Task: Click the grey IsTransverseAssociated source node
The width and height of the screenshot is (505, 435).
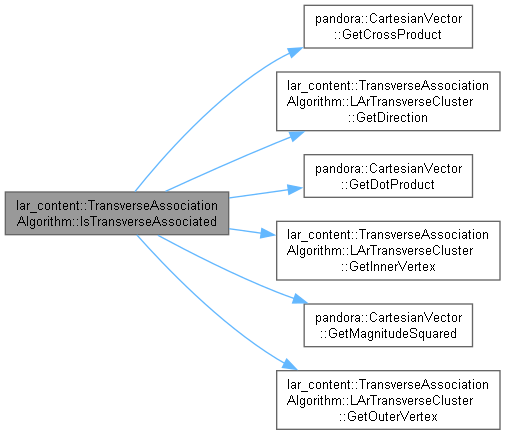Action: [x=117, y=213]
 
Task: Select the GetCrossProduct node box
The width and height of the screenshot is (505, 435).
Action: [x=388, y=27]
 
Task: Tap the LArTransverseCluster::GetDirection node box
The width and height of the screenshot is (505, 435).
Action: [x=388, y=101]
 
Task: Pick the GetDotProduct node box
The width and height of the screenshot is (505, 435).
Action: [x=388, y=176]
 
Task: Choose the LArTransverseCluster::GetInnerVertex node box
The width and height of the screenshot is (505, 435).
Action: [x=388, y=251]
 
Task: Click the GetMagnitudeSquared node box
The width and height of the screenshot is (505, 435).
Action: [x=388, y=325]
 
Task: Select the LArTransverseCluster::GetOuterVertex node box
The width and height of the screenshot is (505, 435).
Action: [x=388, y=400]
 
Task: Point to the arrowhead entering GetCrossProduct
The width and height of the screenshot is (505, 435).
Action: [x=295, y=52]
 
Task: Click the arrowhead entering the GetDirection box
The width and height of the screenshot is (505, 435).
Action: [x=296, y=136]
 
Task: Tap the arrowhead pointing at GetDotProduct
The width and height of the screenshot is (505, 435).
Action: [x=295, y=189]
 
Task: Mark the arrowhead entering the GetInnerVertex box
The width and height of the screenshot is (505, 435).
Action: [x=268, y=233]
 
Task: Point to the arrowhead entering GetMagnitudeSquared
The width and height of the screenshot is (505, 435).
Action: [x=299, y=299]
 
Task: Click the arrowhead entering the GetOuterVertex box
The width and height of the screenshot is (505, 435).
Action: [x=289, y=364]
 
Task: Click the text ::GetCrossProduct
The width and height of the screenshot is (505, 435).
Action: [x=388, y=34]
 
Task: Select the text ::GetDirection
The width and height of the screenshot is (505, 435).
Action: [x=388, y=117]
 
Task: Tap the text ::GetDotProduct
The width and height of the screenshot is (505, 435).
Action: [x=388, y=184]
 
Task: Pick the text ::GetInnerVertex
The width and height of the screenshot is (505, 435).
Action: [x=388, y=267]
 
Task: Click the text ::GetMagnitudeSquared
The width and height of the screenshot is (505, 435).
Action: [x=388, y=333]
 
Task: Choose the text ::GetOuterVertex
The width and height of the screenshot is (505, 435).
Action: [x=388, y=416]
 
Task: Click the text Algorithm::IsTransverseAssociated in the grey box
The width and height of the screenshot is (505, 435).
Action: [x=117, y=221]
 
